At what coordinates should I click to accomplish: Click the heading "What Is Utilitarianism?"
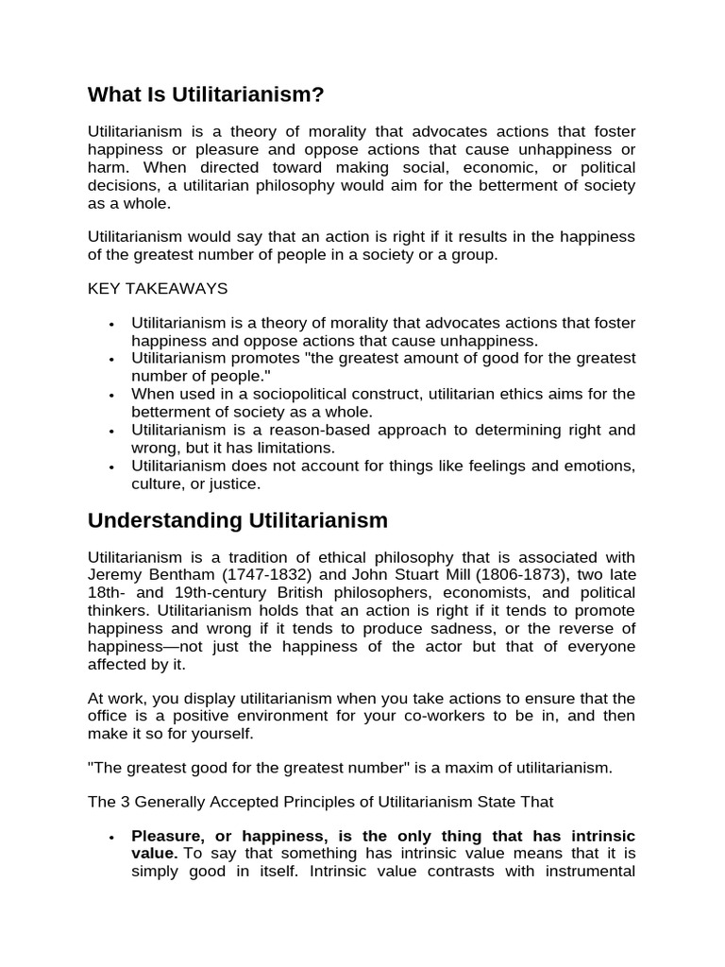(206, 94)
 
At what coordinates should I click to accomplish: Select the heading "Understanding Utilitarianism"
(238, 520)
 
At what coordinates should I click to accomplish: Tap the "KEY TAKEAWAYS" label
(158, 288)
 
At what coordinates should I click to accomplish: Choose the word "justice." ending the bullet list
(233, 483)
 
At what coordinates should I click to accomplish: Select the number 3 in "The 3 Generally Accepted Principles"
(122, 802)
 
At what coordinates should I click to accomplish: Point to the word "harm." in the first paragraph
(107, 168)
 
